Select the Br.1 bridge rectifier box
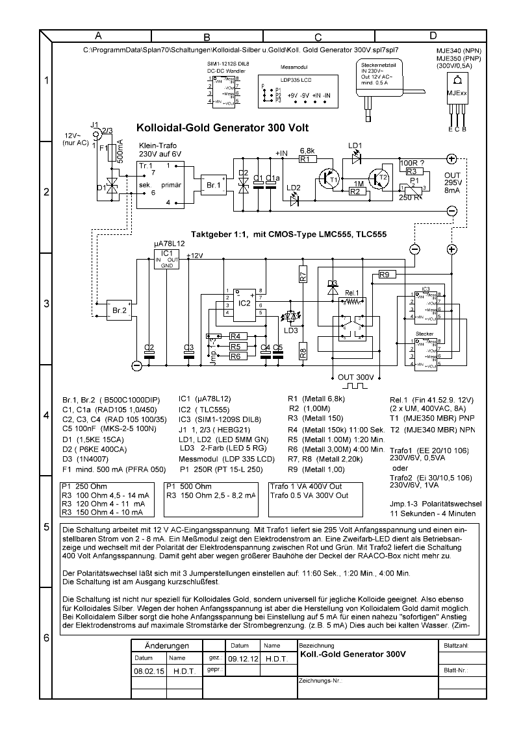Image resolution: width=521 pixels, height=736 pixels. [x=214, y=184]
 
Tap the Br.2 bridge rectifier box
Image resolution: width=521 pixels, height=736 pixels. [x=119, y=311]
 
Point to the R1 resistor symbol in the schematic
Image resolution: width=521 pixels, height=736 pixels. [x=307, y=158]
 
